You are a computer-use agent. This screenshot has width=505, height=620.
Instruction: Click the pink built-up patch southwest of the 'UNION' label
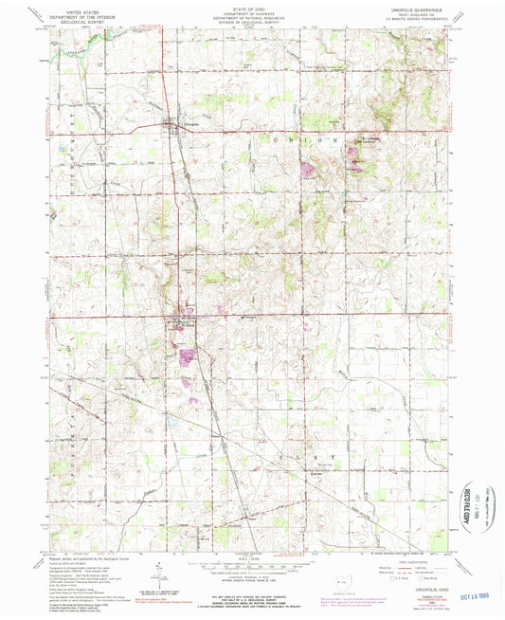(x=307, y=171)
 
